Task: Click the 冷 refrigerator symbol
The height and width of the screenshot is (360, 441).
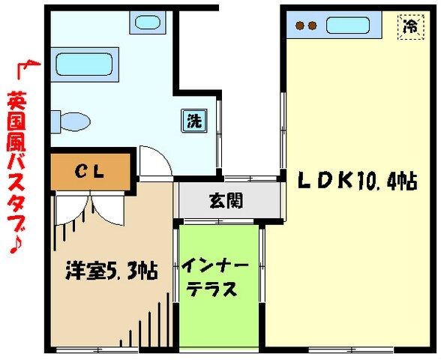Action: coord(410,27)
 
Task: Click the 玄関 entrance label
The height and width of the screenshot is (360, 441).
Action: coord(225,200)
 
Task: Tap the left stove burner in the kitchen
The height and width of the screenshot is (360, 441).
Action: coord(301,26)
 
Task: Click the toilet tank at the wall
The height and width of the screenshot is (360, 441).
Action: coord(55,120)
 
